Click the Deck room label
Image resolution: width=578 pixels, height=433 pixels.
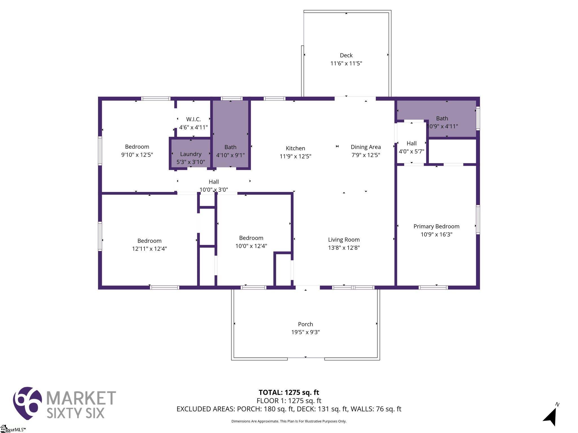click(x=346, y=55)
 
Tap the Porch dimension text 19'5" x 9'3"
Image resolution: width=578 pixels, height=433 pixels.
click(x=305, y=332)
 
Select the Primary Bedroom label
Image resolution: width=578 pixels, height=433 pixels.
click(x=436, y=226)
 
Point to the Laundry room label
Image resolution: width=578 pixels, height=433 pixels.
click(x=191, y=154)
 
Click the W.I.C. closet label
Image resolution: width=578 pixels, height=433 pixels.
click(x=193, y=119)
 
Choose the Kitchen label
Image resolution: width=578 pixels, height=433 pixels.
click(x=295, y=148)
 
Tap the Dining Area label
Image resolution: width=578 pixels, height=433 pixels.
click(x=366, y=147)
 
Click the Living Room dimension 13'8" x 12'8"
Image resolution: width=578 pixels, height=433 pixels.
click(x=344, y=248)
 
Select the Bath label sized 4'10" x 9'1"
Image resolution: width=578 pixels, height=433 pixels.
click(x=230, y=147)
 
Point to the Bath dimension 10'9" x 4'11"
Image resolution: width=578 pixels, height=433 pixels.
click(x=442, y=126)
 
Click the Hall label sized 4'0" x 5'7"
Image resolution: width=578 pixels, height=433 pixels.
click(x=411, y=143)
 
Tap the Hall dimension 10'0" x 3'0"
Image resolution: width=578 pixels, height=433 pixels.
click(x=214, y=190)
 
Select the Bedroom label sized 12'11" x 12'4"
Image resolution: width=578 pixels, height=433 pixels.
click(x=149, y=241)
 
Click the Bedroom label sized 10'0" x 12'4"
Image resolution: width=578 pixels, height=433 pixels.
click(x=251, y=238)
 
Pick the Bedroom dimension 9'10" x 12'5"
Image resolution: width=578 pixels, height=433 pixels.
click(x=137, y=155)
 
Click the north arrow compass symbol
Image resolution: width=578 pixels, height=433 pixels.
click(x=550, y=416)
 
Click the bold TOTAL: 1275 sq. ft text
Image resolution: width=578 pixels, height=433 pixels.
click(x=289, y=392)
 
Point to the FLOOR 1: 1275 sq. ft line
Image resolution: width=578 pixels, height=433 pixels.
click(x=289, y=401)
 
